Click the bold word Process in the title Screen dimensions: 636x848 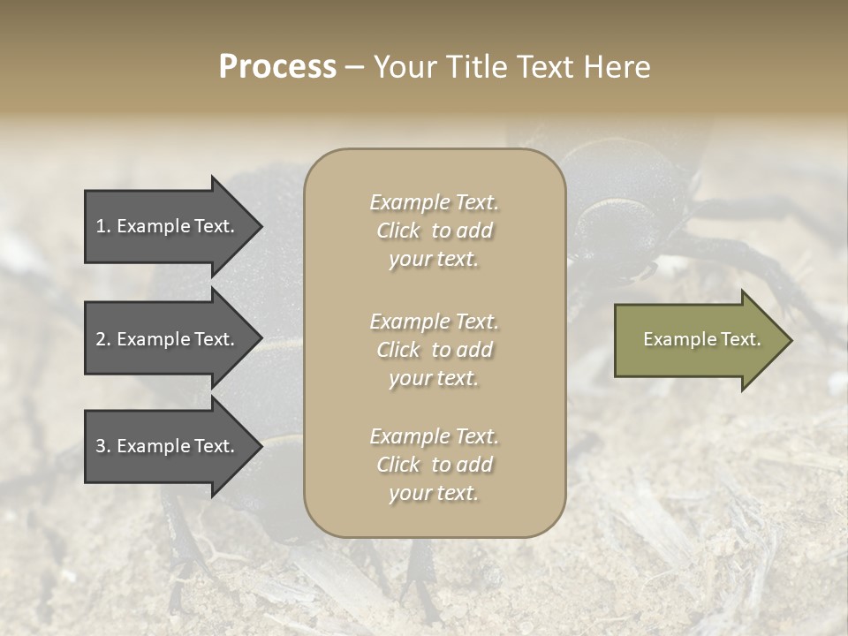click(x=277, y=67)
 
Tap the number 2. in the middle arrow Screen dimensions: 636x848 click(x=103, y=339)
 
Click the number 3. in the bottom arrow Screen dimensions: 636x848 click(x=103, y=447)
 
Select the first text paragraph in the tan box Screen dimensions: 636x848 click(x=434, y=231)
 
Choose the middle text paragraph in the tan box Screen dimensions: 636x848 click(x=434, y=350)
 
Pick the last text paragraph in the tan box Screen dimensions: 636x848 click(x=434, y=465)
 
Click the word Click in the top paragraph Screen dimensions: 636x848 click(x=398, y=231)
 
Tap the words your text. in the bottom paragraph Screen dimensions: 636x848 click(x=434, y=493)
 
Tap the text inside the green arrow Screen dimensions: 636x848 click(x=701, y=339)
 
